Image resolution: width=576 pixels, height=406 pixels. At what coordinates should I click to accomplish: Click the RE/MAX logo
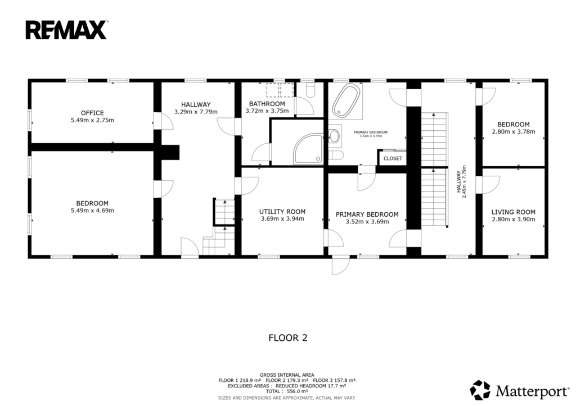(x=66, y=30)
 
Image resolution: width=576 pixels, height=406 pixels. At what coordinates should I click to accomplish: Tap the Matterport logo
(x=519, y=390)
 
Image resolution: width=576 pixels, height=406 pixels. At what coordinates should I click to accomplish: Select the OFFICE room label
(x=92, y=113)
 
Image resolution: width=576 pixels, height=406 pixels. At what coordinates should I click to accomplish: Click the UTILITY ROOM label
(x=282, y=212)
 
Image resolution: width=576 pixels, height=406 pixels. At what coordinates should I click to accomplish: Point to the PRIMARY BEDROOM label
(x=367, y=215)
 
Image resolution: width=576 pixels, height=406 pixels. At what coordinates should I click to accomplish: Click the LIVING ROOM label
(x=513, y=212)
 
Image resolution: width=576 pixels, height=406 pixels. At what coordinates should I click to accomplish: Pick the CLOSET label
(x=393, y=158)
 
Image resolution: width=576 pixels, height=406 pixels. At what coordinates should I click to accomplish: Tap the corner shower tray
(x=308, y=149)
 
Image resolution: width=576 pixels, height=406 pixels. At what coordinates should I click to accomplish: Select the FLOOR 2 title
(x=288, y=337)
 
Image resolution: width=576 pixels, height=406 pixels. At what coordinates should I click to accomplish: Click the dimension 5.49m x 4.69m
(x=92, y=211)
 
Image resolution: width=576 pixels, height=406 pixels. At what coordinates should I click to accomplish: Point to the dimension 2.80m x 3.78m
(x=513, y=131)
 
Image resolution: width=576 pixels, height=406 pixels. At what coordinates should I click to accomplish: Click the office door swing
(x=164, y=121)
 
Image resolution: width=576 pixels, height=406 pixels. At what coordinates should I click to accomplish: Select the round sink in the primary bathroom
(x=334, y=136)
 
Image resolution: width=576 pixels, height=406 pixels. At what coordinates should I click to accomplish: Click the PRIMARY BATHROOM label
(x=371, y=133)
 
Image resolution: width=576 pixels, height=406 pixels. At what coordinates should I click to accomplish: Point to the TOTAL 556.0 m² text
(x=287, y=391)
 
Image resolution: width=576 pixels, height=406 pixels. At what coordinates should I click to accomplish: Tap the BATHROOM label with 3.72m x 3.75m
(x=267, y=104)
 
